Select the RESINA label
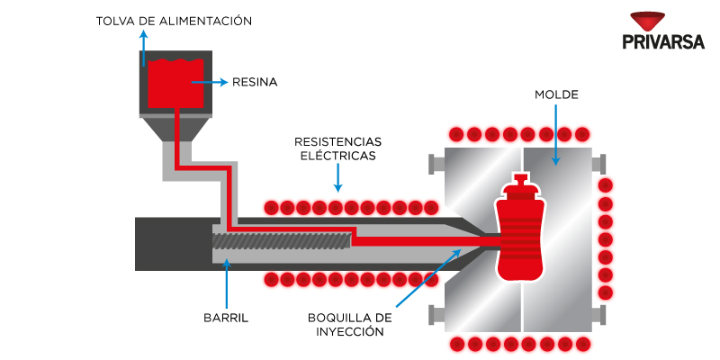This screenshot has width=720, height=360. point(255,82)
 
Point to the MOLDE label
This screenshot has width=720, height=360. point(556,94)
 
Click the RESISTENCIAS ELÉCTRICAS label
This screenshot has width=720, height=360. point(337,148)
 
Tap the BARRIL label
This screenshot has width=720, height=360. point(226,318)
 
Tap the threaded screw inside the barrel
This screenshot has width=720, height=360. point(281,241)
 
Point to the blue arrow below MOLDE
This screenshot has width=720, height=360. point(556,135)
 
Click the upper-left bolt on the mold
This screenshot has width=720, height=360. point(434,164)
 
